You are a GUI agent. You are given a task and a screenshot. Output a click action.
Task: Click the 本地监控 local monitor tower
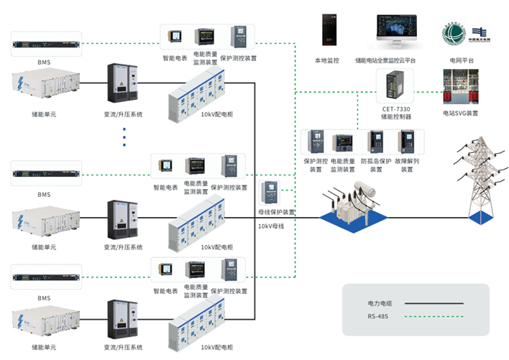(327, 32)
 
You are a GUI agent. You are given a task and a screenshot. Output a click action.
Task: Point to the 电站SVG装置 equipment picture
(461, 89)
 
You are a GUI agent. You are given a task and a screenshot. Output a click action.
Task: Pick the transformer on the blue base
(352, 206)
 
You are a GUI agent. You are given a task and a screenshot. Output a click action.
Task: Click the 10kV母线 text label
(271, 226)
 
